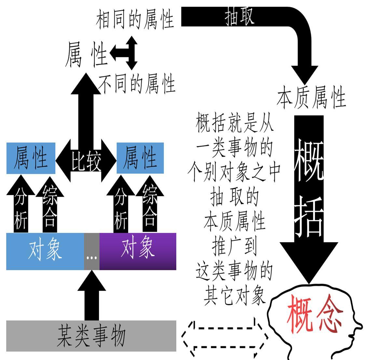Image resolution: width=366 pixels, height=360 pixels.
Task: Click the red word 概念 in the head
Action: pos(314,314)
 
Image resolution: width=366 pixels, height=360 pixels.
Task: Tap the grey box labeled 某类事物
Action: pos(91,336)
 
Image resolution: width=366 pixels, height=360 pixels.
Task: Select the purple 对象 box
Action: pos(138,251)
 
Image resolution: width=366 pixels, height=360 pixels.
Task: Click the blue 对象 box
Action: pos(45,251)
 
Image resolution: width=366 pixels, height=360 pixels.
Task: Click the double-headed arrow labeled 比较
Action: pos(86,160)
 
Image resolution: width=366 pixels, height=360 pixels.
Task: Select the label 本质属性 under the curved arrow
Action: pos(311,98)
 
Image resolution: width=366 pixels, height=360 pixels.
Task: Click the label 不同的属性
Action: pos(137,84)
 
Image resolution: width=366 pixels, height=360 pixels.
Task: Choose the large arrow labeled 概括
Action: pos(309,195)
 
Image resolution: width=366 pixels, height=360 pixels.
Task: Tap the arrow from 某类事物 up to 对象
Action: pos(91,298)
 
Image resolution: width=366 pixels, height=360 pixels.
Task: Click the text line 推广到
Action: pos(234,246)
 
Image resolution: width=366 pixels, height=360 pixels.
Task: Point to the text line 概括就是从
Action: pos(234,123)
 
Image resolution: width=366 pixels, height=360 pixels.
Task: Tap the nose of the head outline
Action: pos(358,325)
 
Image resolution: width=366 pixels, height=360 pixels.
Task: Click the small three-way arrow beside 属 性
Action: pos(125,53)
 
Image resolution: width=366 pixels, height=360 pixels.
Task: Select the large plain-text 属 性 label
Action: pos(86,55)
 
